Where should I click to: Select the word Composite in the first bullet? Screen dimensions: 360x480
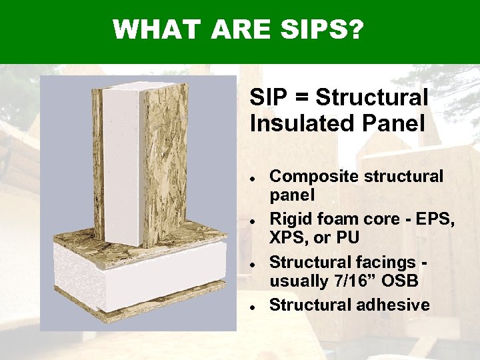tap(308, 176)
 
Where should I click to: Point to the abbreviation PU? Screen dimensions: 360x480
tap(350, 239)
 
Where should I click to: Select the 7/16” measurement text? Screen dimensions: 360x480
tap(349, 281)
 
